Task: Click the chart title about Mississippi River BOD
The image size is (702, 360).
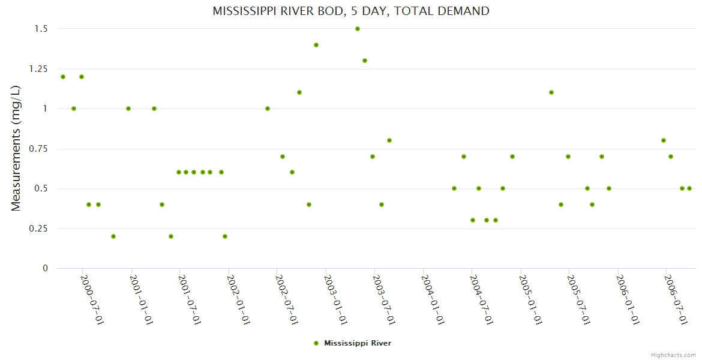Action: [x=351, y=11]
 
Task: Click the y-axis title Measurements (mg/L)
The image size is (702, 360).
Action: [x=16, y=148]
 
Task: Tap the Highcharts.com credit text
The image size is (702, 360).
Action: [x=673, y=355]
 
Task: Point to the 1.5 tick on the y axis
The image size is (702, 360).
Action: [x=42, y=29]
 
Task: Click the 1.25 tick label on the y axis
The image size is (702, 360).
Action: [x=39, y=69]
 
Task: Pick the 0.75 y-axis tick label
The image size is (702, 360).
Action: [x=39, y=149]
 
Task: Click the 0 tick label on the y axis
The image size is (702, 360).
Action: [x=45, y=268]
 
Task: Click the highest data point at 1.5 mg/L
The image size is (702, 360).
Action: [x=358, y=29]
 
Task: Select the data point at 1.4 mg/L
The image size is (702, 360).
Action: [x=316, y=45]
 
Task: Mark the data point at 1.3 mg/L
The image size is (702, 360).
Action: [x=365, y=61]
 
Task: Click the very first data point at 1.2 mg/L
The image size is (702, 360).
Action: [x=63, y=77]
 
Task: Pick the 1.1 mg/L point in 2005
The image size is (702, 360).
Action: [x=551, y=92]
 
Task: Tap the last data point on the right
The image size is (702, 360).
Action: [x=689, y=188]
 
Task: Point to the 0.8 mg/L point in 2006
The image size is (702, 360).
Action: [x=664, y=140]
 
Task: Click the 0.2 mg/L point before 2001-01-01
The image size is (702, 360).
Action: [x=113, y=236]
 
